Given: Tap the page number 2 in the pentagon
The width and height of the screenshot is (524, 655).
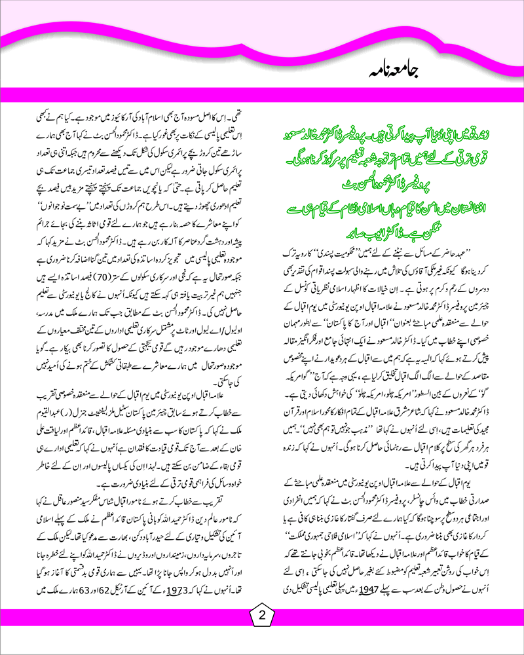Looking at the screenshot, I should point(261,616).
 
